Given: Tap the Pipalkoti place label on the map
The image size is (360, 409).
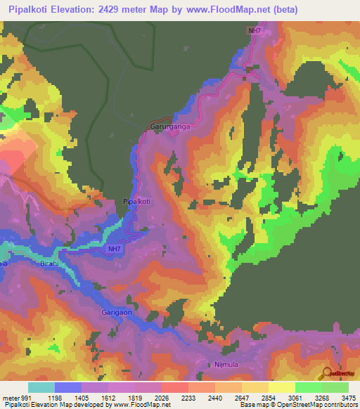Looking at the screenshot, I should point(137,201).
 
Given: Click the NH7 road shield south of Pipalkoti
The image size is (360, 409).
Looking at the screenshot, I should point(114,249).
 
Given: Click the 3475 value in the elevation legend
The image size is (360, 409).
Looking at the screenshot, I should point(349,398).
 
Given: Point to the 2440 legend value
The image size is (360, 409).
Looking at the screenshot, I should point(216,398).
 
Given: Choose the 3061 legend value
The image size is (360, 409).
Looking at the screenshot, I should point(295,398).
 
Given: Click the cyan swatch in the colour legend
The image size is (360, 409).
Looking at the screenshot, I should point(41,387).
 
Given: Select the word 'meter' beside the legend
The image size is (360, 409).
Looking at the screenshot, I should point(11,398).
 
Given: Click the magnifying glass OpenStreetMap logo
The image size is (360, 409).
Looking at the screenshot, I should point(328,373).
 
